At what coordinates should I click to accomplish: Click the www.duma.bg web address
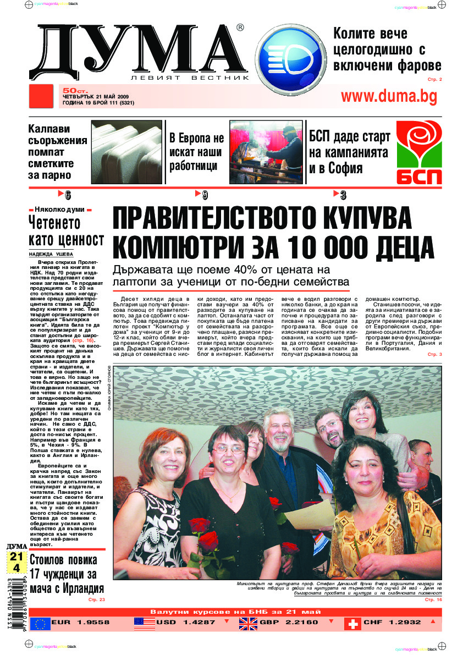(389, 97)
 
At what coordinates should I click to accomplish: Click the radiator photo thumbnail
(129, 152)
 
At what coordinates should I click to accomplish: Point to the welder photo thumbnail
(266, 152)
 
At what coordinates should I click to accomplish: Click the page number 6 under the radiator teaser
(68, 195)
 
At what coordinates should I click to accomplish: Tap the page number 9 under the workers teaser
(205, 195)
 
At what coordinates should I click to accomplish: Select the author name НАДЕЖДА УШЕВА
(51, 254)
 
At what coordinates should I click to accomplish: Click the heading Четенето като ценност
(66, 231)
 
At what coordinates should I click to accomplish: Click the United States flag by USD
(144, 623)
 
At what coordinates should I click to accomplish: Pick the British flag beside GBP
(248, 623)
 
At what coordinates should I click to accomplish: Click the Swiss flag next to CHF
(352, 623)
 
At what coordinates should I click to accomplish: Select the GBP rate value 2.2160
(300, 623)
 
